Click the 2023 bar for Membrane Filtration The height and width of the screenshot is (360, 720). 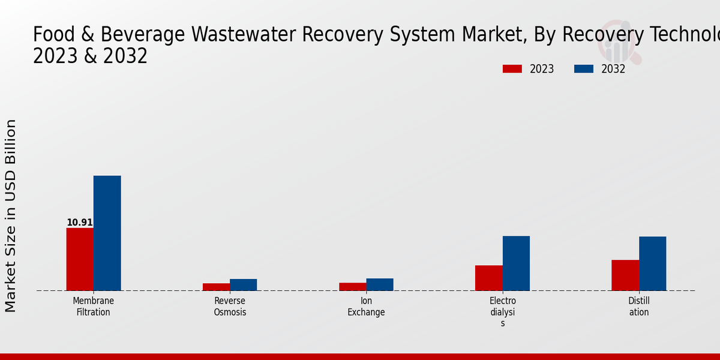[80, 259]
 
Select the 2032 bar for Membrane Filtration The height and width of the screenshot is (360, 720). [107, 233]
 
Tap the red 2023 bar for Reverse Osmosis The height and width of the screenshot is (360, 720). [216, 287]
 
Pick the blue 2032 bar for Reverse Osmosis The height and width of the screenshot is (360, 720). [243, 284]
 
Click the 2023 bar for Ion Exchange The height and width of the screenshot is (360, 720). [353, 286]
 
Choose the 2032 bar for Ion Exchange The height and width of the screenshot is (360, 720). [380, 284]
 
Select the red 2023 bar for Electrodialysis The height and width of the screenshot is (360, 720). [489, 278]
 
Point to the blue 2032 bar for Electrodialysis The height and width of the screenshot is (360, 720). [516, 263]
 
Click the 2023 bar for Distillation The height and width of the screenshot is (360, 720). [625, 275]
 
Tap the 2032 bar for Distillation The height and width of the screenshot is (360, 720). [652, 263]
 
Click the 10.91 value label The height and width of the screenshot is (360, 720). [80, 223]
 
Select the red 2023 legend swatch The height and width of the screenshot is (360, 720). [512, 69]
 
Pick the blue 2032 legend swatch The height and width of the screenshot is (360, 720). [583, 69]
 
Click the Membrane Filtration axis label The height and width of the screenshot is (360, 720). [94, 307]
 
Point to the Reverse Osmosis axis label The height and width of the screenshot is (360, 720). [230, 307]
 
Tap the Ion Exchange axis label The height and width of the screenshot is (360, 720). [366, 307]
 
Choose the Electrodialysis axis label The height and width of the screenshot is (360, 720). [503, 312]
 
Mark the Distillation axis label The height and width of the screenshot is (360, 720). [639, 307]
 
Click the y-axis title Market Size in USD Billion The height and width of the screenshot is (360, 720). [11, 216]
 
